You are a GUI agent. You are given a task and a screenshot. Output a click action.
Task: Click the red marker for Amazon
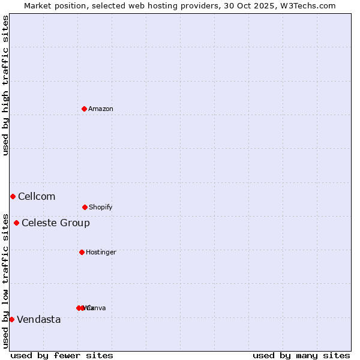coord(84,109)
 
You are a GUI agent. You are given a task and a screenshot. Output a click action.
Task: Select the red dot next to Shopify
coord(85,207)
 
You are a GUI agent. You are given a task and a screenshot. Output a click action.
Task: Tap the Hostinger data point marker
coord(82,252)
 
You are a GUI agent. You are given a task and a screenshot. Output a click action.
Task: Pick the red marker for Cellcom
coord(13,196)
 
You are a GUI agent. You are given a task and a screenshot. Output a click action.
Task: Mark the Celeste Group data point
coord(16,223)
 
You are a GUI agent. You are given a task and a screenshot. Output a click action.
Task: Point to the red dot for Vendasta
coord(11,319)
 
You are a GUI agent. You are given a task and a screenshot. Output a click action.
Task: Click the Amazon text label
coord(101,109)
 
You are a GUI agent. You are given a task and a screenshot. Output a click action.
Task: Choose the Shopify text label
coord(101,207)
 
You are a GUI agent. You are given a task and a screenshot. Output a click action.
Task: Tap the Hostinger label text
coord(101,252)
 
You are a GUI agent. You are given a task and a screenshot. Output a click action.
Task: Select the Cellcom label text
coord(37,196)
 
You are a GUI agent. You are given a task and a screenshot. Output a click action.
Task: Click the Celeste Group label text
coord(56,223)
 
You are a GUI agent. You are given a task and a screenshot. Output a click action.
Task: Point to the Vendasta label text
coord(39,319)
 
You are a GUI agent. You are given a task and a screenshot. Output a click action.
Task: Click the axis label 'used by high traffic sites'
coord(5,85)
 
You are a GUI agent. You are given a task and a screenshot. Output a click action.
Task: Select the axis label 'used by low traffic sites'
coord(5,281)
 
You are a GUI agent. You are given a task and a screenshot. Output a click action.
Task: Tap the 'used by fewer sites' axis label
coord(62,355)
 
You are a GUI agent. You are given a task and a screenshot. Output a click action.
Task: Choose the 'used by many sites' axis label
coord(301,355)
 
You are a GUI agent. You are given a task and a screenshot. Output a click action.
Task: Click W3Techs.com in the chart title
coord(308,5)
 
